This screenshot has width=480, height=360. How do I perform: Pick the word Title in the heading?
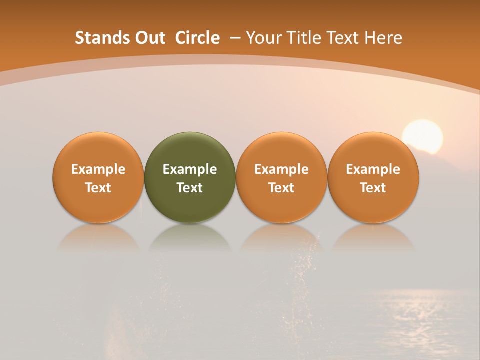tap(302, 38)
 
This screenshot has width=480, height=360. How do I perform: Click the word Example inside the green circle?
tap(190, 169)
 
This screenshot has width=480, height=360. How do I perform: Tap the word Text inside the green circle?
tap(190, 188)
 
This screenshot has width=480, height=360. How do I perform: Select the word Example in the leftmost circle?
tap(98, 169)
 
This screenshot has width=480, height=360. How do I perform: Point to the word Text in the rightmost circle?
tap(373, 188)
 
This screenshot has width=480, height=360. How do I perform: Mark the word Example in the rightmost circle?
tap(373, 169)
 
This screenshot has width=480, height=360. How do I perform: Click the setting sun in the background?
tap(423, 136)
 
